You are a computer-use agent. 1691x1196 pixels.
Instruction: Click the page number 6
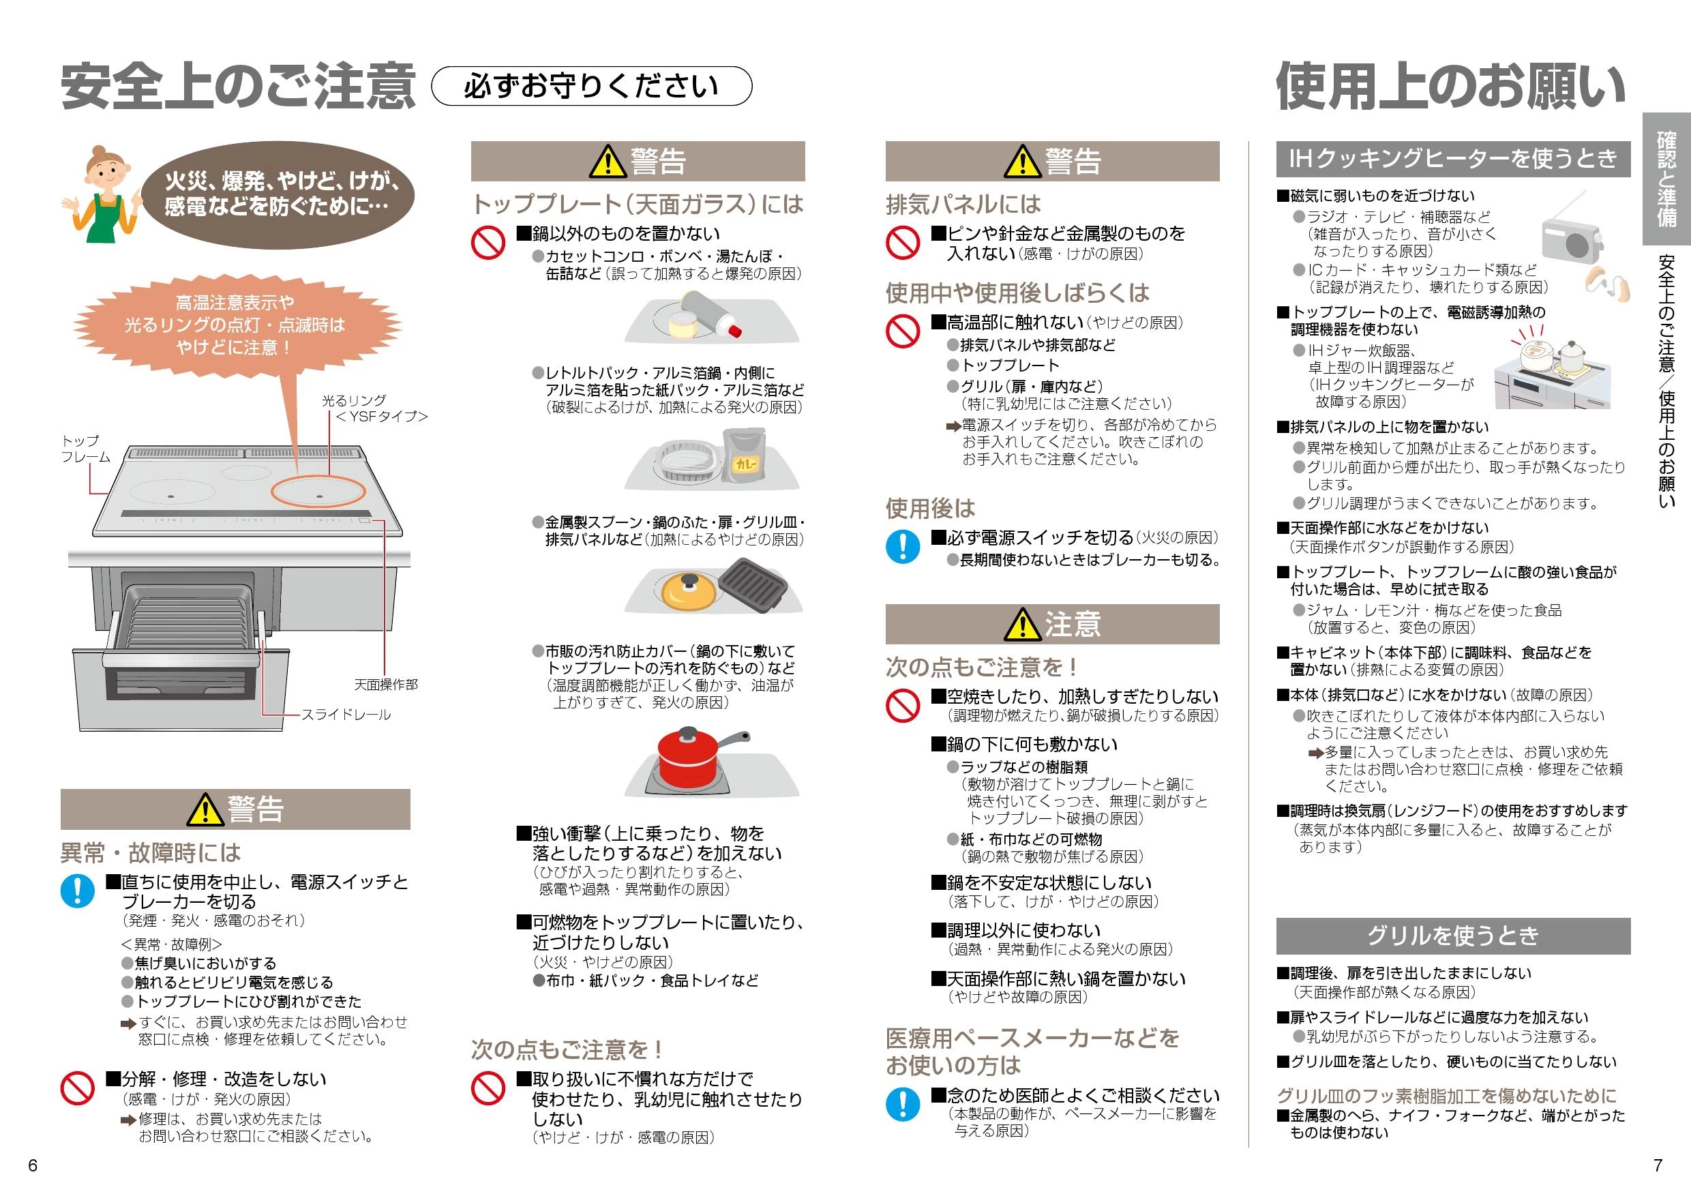(33, 1165)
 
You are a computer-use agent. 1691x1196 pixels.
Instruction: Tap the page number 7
(1658, 1165)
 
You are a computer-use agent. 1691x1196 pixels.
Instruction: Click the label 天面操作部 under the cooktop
(385, 685)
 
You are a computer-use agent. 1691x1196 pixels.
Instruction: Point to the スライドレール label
(346, 715)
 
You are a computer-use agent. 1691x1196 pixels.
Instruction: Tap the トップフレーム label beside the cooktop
(85, 449)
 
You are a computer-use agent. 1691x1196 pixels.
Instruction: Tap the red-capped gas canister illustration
(710, 314)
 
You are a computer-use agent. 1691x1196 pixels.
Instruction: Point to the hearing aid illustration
(1606, 284)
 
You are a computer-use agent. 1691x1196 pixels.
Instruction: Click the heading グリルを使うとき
(1452, 936)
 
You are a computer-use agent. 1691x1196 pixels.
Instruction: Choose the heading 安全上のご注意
(238, 87)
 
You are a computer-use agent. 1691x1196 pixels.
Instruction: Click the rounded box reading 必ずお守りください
(590, 87)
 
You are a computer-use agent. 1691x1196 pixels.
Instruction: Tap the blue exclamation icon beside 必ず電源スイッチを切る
(903, 546)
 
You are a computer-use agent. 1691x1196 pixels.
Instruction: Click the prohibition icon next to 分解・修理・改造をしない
(77, 1088)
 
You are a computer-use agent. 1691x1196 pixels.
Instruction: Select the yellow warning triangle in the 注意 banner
(1021, 625)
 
